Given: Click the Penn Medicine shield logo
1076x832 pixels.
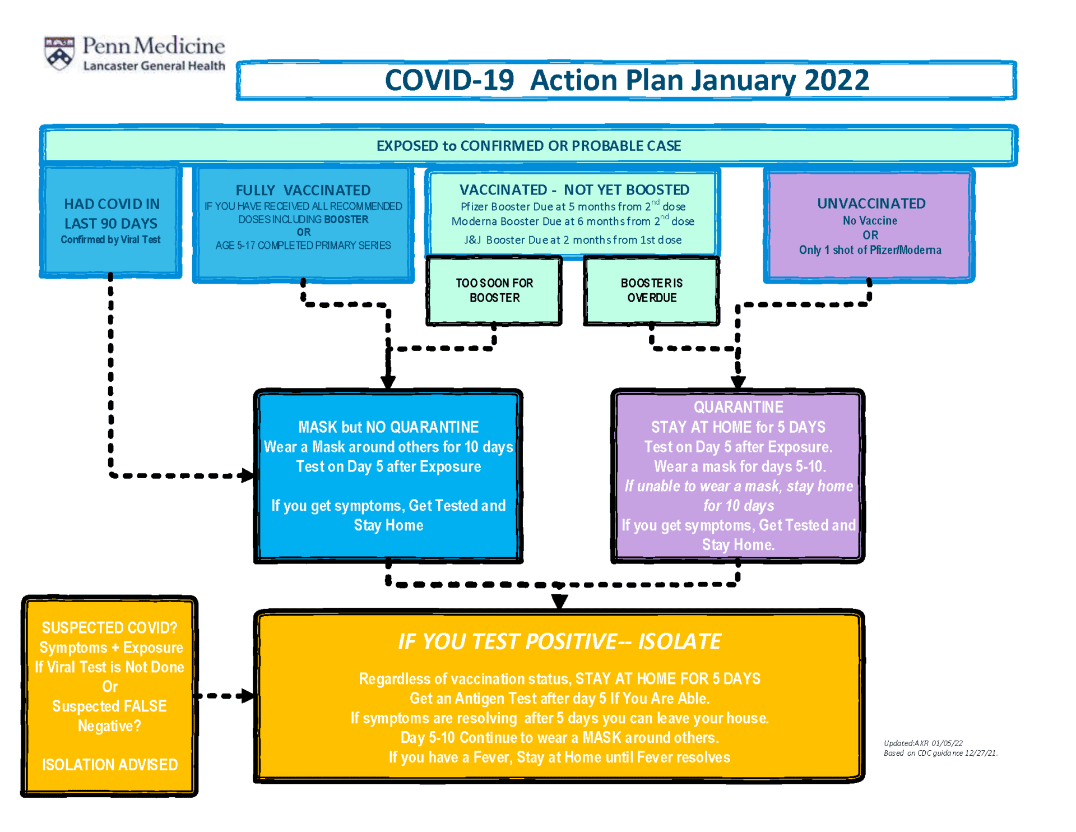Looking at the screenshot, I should (59, 54).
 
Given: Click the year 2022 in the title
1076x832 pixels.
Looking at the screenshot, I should (836, 80).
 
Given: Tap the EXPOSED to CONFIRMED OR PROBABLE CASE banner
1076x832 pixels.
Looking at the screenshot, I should (528, 146).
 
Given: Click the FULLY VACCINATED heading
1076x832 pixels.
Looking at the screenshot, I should (303, 191).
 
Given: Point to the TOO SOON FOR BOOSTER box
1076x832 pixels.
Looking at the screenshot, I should (494, 290).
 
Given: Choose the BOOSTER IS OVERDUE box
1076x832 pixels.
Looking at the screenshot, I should (651, 290).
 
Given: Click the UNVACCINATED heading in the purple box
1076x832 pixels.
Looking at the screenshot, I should (871, 204).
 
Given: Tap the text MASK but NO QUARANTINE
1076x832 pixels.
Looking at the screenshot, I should (388, 427).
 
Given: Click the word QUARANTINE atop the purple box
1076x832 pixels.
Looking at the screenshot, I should (738, 407).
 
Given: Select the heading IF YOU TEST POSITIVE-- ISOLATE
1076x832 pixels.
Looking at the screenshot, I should (559, 641).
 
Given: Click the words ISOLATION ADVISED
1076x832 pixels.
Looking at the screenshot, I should (110, 765).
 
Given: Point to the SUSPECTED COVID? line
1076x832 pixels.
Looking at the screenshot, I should (110, 628).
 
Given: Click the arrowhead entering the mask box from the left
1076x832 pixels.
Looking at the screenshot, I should (247, 475).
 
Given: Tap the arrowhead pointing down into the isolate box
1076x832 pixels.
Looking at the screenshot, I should (559, 602).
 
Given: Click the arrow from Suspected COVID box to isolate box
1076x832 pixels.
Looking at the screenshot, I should (224, 696).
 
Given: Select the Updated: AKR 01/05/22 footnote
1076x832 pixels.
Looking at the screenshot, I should (923, 743).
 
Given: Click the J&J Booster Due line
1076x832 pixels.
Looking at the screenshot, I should (573, 240).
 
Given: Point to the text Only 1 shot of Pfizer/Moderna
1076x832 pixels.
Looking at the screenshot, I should (870, 250).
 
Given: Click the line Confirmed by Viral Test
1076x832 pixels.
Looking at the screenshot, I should (110, 240).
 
